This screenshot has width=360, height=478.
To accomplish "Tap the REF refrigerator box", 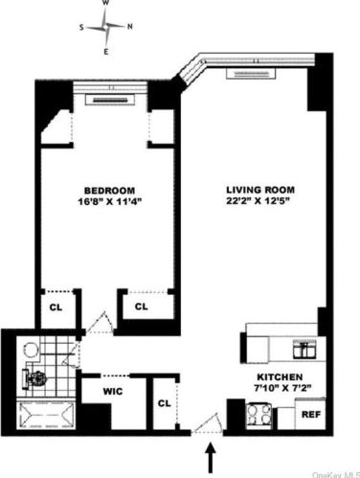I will (x=310, y=415).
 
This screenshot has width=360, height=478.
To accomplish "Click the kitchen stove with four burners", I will (x=258, y=414).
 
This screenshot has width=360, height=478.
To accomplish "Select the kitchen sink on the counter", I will (x=305, y=348).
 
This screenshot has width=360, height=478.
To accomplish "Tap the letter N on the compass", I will (x=129, y=26).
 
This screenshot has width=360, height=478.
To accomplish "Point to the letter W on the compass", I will (x=105, y=5).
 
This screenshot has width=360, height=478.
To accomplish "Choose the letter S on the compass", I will (x=82, y=27).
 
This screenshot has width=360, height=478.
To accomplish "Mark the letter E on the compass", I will (x=105, y=49).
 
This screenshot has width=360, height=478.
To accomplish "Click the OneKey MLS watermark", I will (x=334, y=471).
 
